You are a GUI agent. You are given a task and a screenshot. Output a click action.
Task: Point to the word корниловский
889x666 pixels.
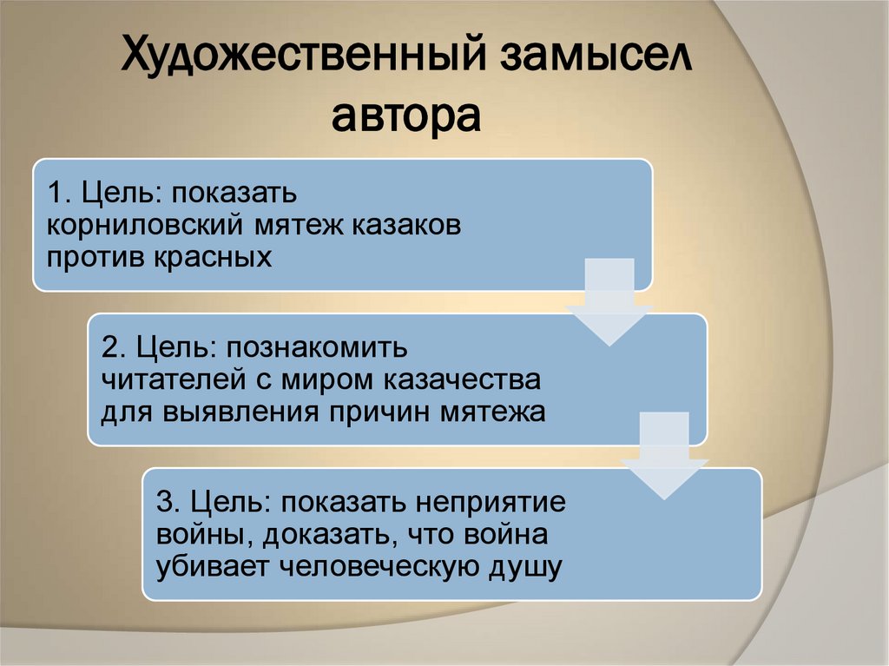[147, 225]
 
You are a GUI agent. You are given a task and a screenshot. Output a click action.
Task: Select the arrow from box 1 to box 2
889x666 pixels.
[609, 300]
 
